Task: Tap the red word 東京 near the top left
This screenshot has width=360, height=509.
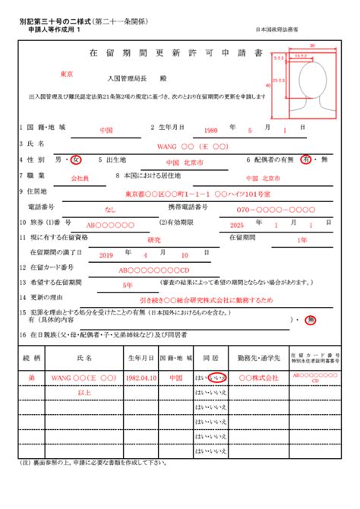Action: coord(66,74)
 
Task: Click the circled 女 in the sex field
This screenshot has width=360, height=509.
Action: coord(75,160)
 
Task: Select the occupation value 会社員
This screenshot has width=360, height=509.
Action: coord(80,177)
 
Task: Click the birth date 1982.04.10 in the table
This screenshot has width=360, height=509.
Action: coord(143,378)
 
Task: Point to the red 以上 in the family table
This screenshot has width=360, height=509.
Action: coord(85,392)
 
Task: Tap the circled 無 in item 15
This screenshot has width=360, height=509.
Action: coord(310,321)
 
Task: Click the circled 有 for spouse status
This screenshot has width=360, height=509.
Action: coord(306,160)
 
